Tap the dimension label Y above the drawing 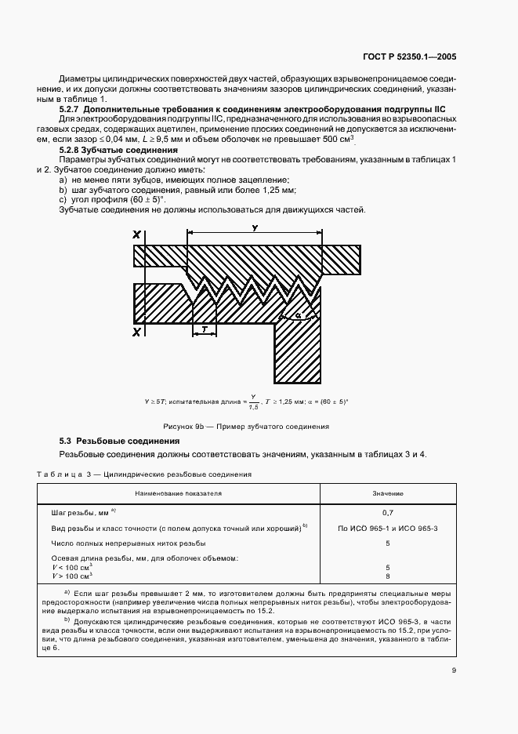(x=254, y=228)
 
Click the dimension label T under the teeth (x=204, y=329)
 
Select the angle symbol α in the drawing (x=299, y=315)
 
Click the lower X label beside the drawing (x=137, y=332)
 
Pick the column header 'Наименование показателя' (x=178, y=494)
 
